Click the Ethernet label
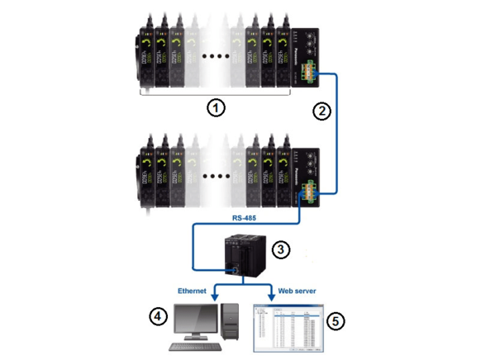coord(196,291)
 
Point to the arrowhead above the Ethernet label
coord(217,295)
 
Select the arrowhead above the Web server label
coord(272,295)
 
